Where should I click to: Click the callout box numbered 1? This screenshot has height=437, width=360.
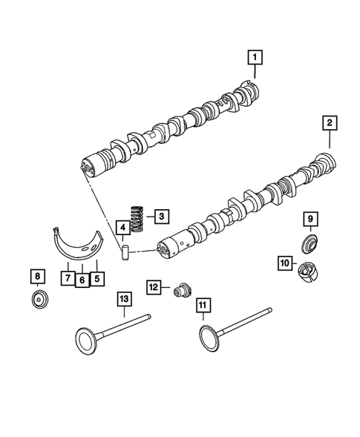click(255, 56)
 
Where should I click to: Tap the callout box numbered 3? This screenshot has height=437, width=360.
click(160, 217)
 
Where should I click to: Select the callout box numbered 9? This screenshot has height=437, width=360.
click(311, 218)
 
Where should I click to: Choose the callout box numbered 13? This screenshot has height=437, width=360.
click(123, 298)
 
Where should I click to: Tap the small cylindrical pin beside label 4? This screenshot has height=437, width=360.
click(125, 250)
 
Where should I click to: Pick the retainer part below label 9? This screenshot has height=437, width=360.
click(310, 242)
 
